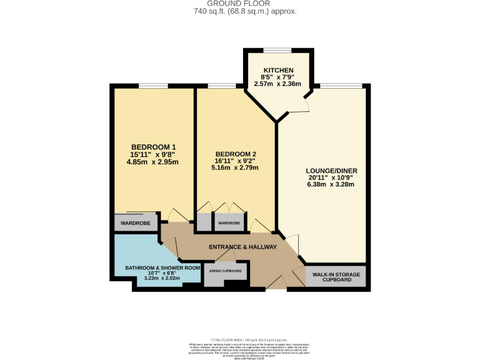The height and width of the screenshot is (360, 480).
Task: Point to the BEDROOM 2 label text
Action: point(236,154)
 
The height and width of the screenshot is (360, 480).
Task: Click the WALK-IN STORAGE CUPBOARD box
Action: point(336,277)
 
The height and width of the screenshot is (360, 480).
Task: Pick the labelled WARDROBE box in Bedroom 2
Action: point(229,222)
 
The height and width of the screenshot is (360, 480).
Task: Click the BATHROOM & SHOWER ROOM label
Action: point(162,267)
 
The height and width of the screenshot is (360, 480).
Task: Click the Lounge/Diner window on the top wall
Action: point(341,86)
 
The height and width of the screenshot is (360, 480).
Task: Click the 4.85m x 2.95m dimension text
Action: point(152,162)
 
